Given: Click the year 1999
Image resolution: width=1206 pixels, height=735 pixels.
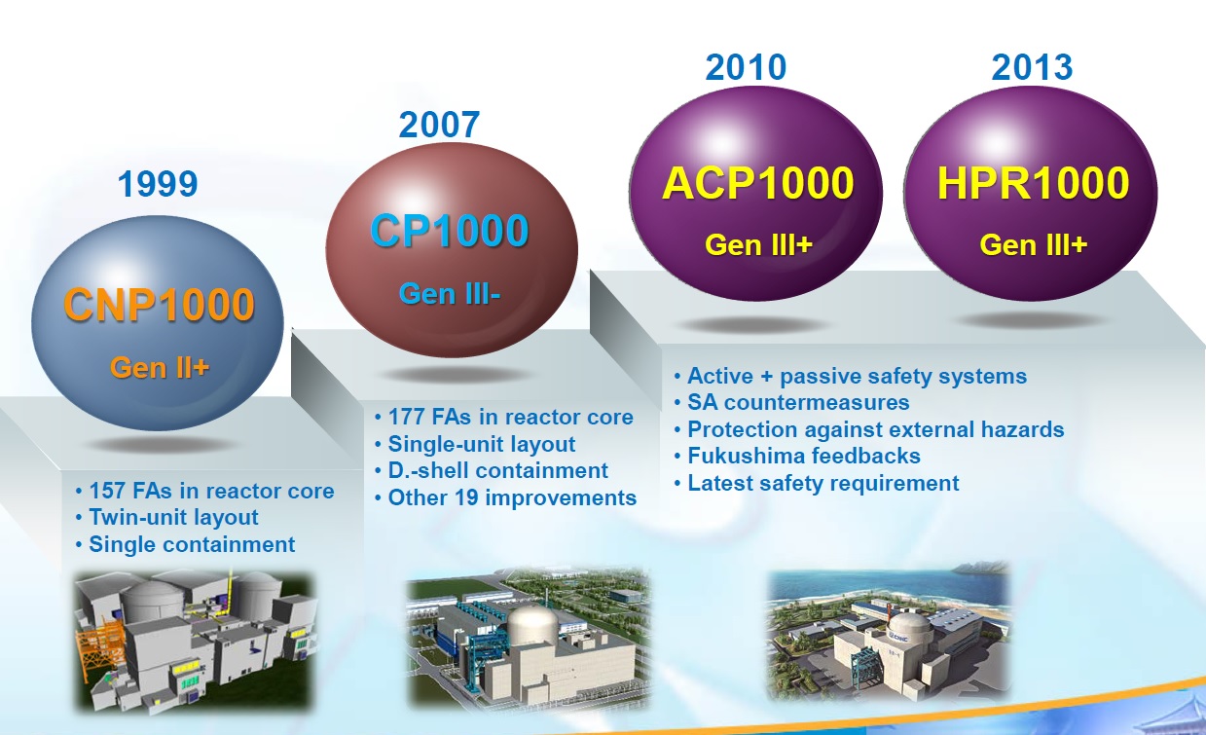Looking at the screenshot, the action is pyautogui.click(x=158, y=184).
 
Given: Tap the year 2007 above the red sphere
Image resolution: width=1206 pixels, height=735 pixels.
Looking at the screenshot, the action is pyautogui.click(x=439, y=125).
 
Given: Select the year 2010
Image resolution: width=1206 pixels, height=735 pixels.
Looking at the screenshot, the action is pyautogui.click(x=747, y=67).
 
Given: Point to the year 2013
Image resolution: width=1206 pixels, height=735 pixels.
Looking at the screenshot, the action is pyautogui.click(x=1032, y=67).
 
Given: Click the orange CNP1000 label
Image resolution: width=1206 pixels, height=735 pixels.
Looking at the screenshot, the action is pyautogui.click(x=160, y=305).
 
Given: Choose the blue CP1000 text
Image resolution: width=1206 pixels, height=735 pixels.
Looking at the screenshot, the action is pyautogui.click(x=450, y=231).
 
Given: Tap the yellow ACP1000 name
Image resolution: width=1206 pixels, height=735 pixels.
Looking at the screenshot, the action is pyautogui.click(x=758, y=183).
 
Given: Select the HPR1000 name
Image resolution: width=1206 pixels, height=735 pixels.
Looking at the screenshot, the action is pyautogui.click(x=1033, y=183).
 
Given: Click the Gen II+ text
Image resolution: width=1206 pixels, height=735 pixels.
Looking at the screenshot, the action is pyautogui.click(x=160, y=368).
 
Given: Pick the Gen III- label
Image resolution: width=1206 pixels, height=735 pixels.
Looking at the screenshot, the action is pyautogui.click(x=450, y=294).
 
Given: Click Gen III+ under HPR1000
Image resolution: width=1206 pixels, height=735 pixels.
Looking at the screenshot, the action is pyautogui.click(x=1033, y=245).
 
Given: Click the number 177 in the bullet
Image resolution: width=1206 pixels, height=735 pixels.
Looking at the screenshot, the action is pyautogui.click(x=407, y=418).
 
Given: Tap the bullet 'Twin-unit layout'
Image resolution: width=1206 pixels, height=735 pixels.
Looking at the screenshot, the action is pyautogui.click(x=167, y=518).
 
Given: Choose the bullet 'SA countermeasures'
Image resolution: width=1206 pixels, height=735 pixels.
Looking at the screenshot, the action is pyautogui.click(x=792, y=403).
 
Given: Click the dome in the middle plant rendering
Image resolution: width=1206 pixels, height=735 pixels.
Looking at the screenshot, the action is pyautogui.click(x=533, y=623).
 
